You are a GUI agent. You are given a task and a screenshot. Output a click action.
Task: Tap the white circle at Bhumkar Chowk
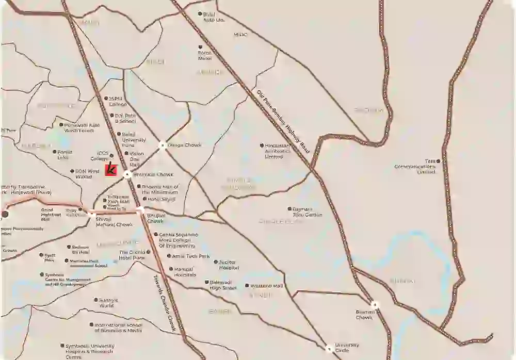(127, 175)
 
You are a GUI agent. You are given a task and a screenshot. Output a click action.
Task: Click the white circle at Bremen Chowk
(375, 305)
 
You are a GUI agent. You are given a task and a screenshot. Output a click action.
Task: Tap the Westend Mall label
(267, 286)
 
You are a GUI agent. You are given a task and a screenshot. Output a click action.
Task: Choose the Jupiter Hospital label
(229, 265)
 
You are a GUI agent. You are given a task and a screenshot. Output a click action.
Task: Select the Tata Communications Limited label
(415, 167)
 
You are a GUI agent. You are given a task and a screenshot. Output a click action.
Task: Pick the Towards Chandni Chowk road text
(165, 302)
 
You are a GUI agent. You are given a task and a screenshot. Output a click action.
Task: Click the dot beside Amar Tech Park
(169, 256)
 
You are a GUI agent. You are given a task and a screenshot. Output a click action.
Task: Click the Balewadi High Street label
(223, 285)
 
